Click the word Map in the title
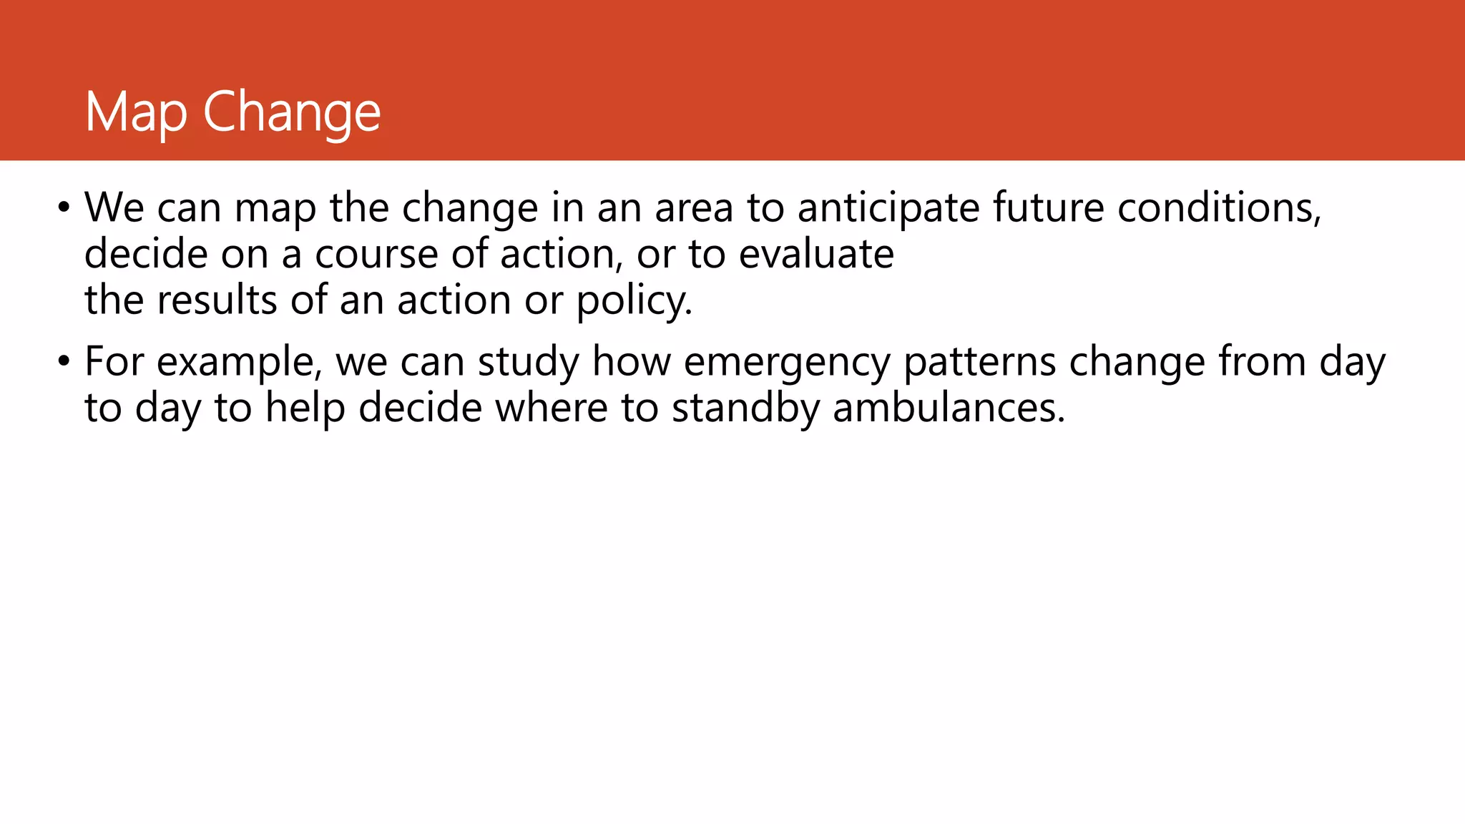click(x=136, y=112)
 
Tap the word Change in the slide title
click(x=292, y=112)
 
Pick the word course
click(x=376, y=255)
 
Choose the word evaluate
click(x=816, y=255)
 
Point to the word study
click(x=528, y=363)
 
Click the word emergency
click(x=786, y=363)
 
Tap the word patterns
click(x=979, y=363)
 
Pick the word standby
click(x=745, y=408)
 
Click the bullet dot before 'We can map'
click(x=64, y=208)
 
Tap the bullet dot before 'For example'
click(x=64, y=362)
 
